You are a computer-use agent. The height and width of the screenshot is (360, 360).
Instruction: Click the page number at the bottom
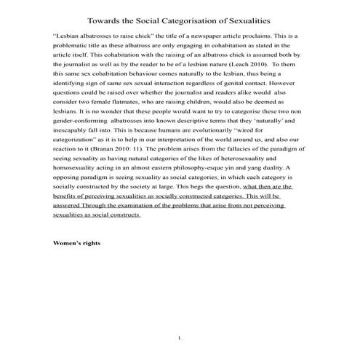[x=180, y=338]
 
